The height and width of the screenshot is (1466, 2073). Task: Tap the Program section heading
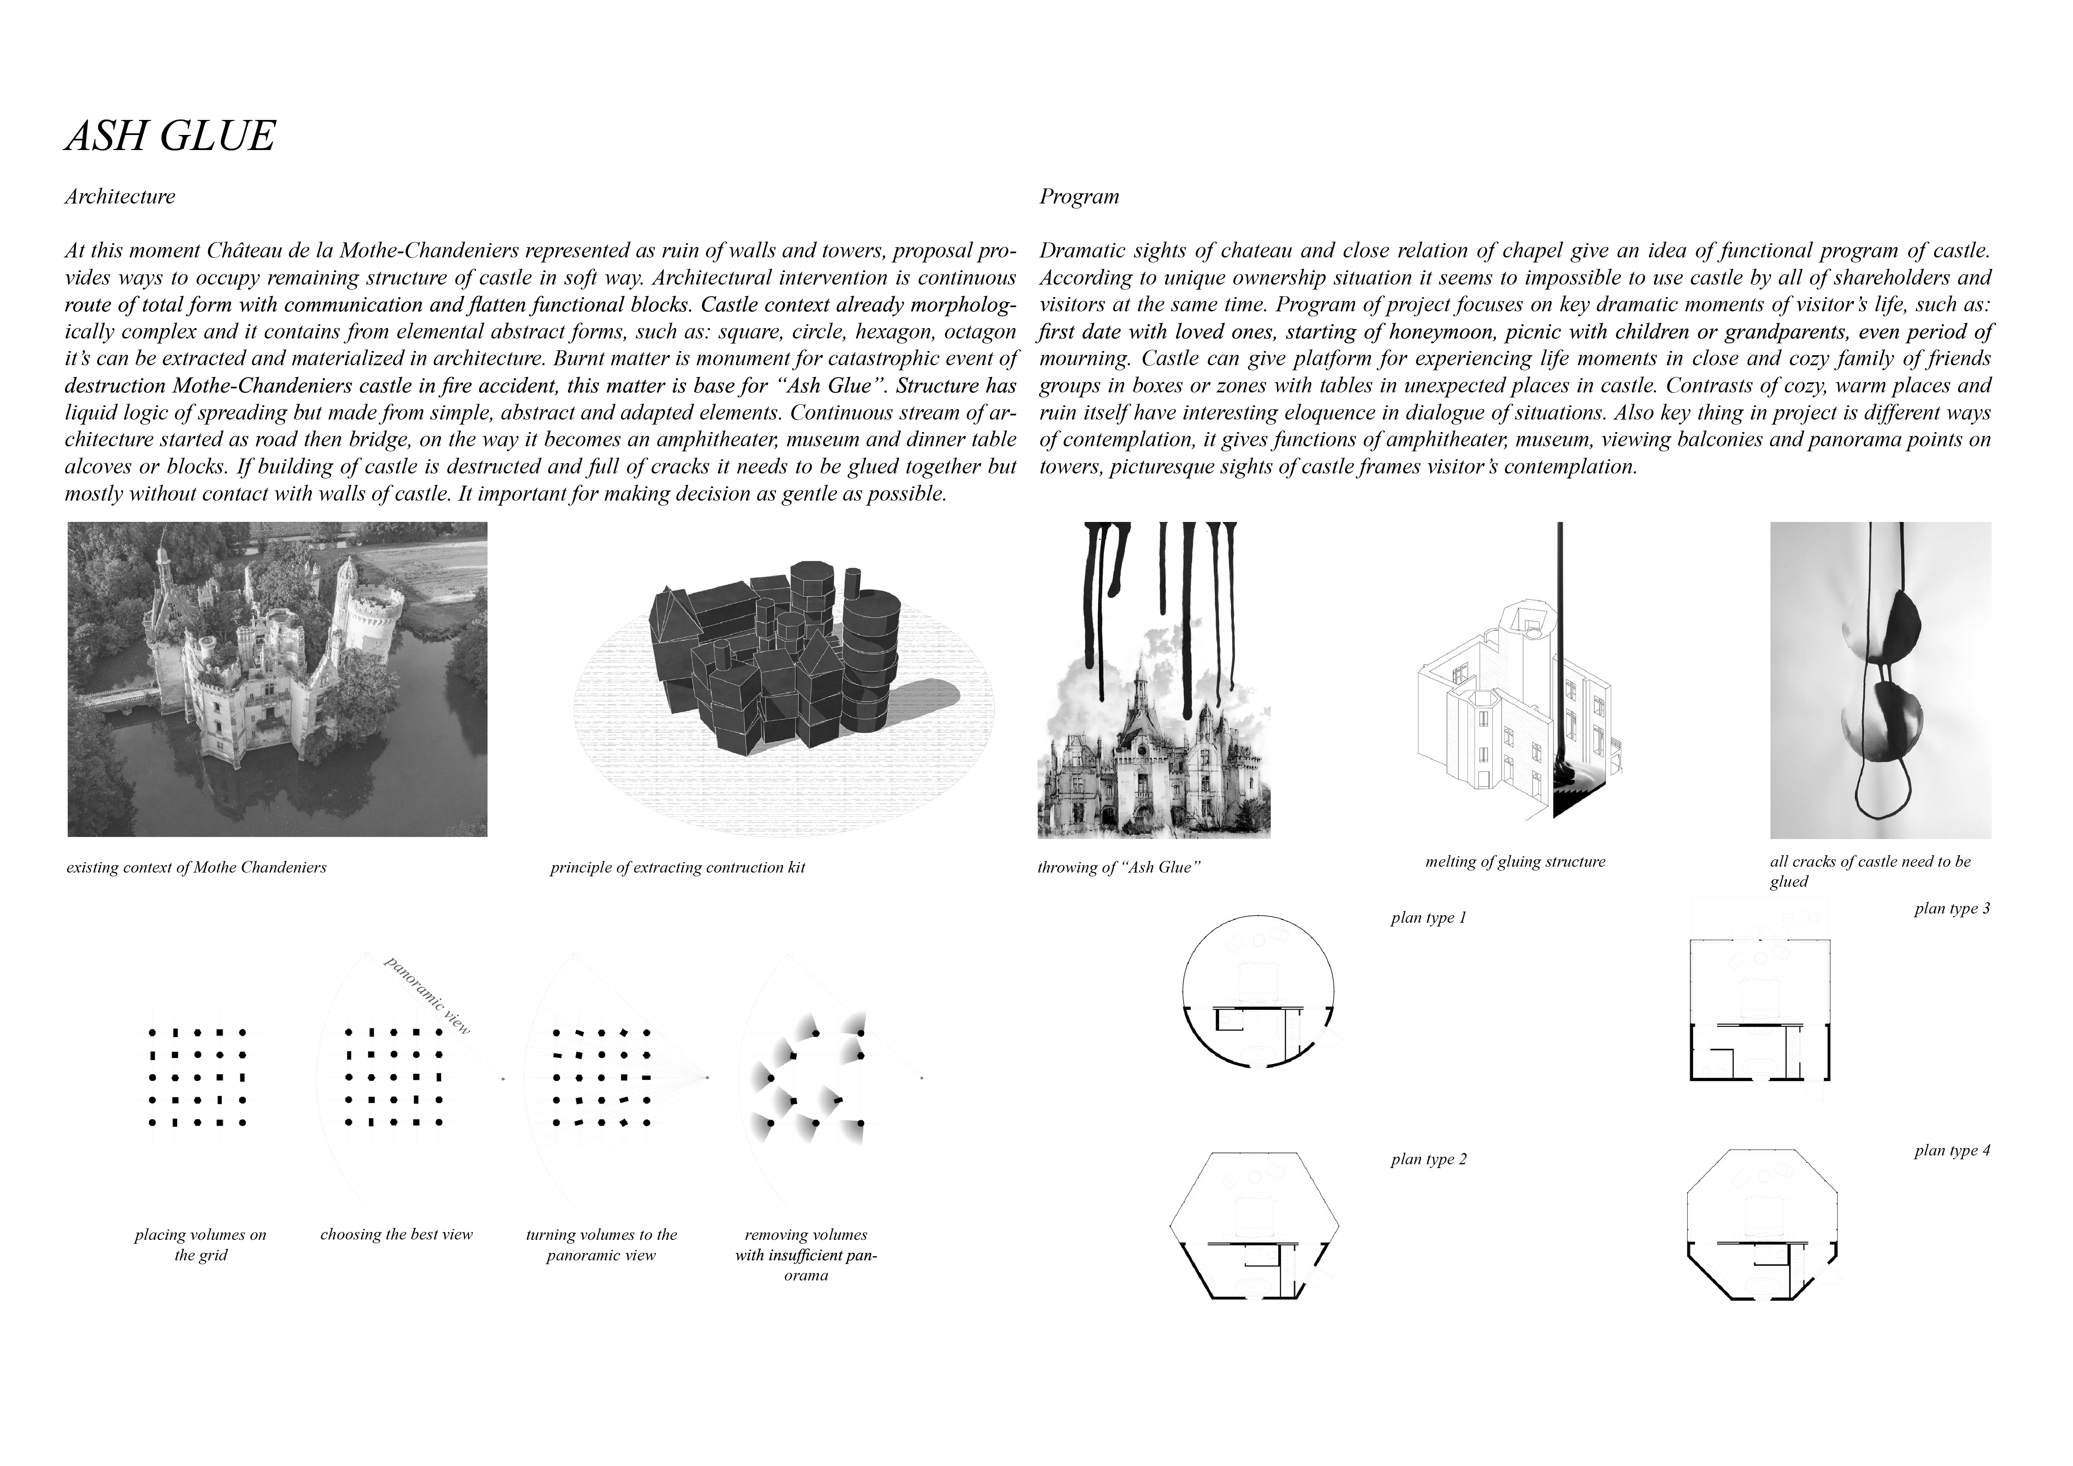(x=1079, y=197)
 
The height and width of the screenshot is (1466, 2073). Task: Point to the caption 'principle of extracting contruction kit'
(x=677, y=868)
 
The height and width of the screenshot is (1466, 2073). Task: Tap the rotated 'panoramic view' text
(x=427, y=996)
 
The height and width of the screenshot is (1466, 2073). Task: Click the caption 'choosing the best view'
(x=397, y=1235)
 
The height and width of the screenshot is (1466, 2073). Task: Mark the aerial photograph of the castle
(x=277, y=679)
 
